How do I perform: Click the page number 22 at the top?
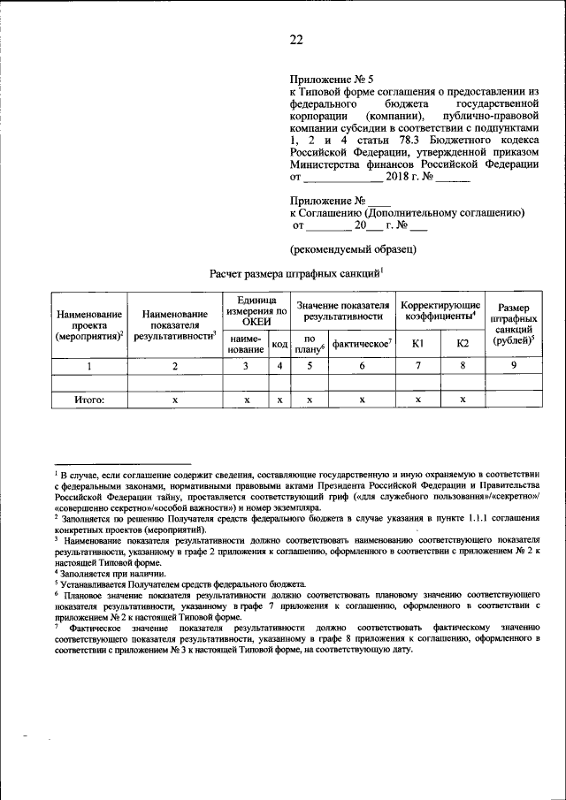tap(295, 39)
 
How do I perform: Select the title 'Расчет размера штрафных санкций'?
tap(294, 274)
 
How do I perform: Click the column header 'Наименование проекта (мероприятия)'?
tap(88, 325)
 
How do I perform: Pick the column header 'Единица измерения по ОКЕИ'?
tap(256, 311)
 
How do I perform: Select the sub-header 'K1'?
tap(417, 343)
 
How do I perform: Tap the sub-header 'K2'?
tap(463, 343)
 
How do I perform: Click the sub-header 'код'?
tap(279, 344)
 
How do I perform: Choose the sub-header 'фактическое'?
tap(362, 343)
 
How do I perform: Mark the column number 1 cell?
tap(88, 365)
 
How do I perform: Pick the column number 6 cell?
tap(362, 365)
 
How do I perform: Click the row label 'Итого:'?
tap(88, 400)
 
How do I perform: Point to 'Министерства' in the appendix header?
tap(329, 164)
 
